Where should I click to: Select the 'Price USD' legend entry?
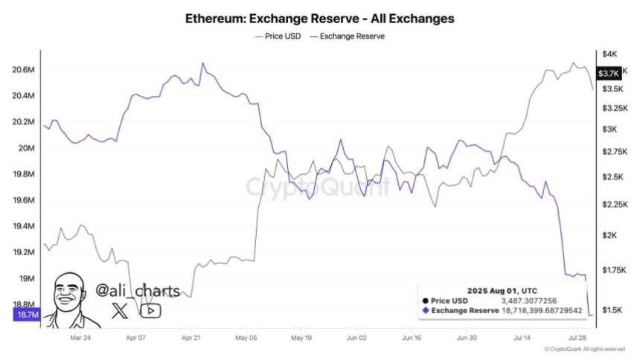pos(279,35)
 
